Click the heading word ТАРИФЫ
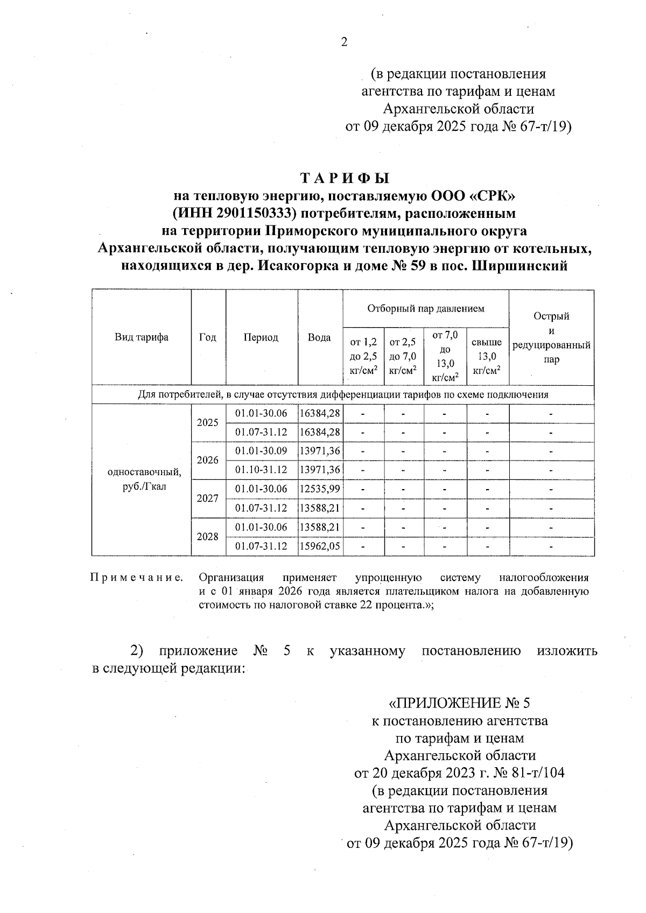coord(345,178)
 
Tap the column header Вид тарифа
coord(142,337)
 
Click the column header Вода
coord(319,337)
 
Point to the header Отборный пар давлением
coord(425,308)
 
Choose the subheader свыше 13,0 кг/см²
coord(487,356)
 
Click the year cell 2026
coord(208,460)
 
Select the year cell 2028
coord(208,536)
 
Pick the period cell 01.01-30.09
coord(262,451)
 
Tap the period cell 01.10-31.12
coord(262,470)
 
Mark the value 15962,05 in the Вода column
coord(320,546)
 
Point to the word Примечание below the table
coord(136,578)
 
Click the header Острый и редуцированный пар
coord(551,337)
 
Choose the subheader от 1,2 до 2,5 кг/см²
coord(363,356)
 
